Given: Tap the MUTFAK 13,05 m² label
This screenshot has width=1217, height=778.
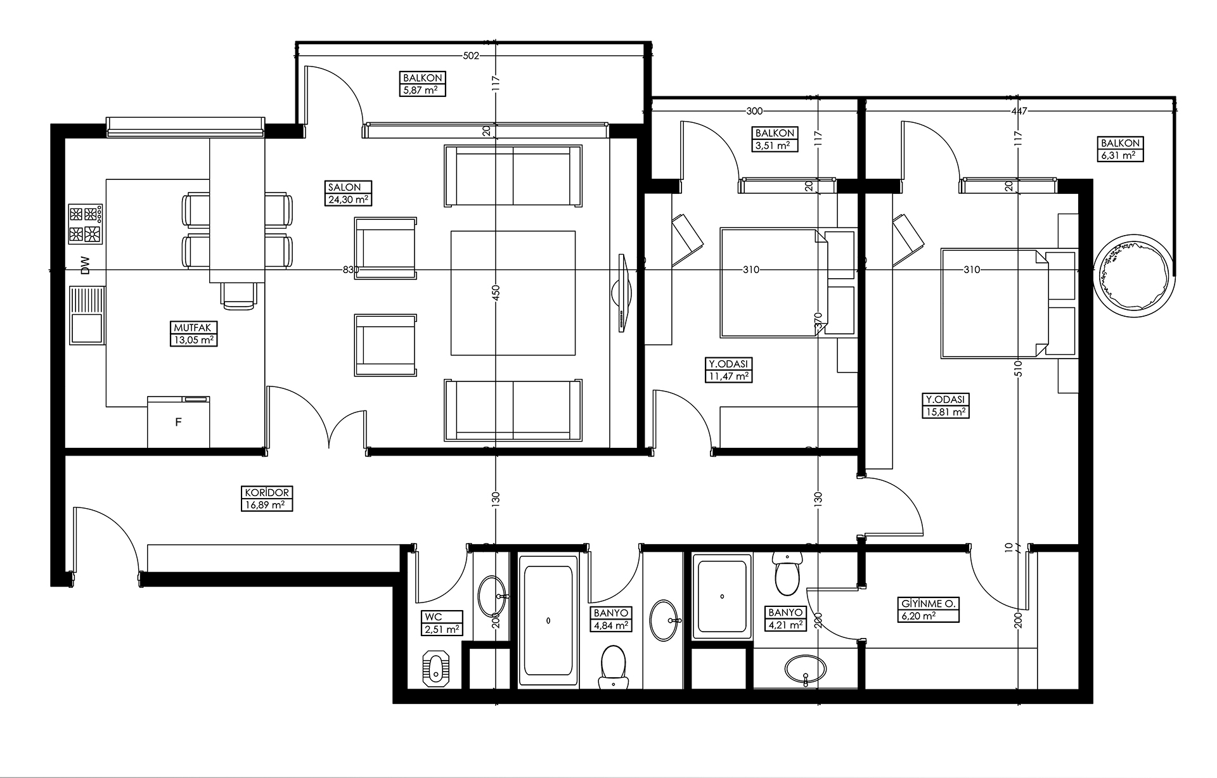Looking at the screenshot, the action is (x=193, y=334).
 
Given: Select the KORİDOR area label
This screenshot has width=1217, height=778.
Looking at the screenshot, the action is (x=266, y=499).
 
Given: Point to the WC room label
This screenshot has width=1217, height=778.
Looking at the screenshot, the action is (x=442, y=623).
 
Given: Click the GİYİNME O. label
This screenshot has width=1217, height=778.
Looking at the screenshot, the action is (x=929, y=609).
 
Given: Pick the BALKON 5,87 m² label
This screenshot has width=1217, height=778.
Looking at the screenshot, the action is (x=423, y=84).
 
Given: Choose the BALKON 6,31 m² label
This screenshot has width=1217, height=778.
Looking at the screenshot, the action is (x=1121, y=150).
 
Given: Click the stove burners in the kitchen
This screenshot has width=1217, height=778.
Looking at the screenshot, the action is (x=86, y=224).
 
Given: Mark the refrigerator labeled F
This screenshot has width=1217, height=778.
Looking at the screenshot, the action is (x=178, y=421).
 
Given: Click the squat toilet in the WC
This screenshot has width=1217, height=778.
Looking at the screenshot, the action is (x=435, y=667).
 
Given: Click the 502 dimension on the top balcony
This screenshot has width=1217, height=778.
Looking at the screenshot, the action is (x=470, y=56).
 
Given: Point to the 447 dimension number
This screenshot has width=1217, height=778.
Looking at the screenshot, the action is (x=1019, y=111).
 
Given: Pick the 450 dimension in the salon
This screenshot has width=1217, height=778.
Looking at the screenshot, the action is (x=496, y=292).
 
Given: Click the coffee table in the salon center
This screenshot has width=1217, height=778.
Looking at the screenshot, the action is (x=513, y=293).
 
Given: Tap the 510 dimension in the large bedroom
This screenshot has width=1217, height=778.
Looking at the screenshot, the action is (x=1019, y=369).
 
